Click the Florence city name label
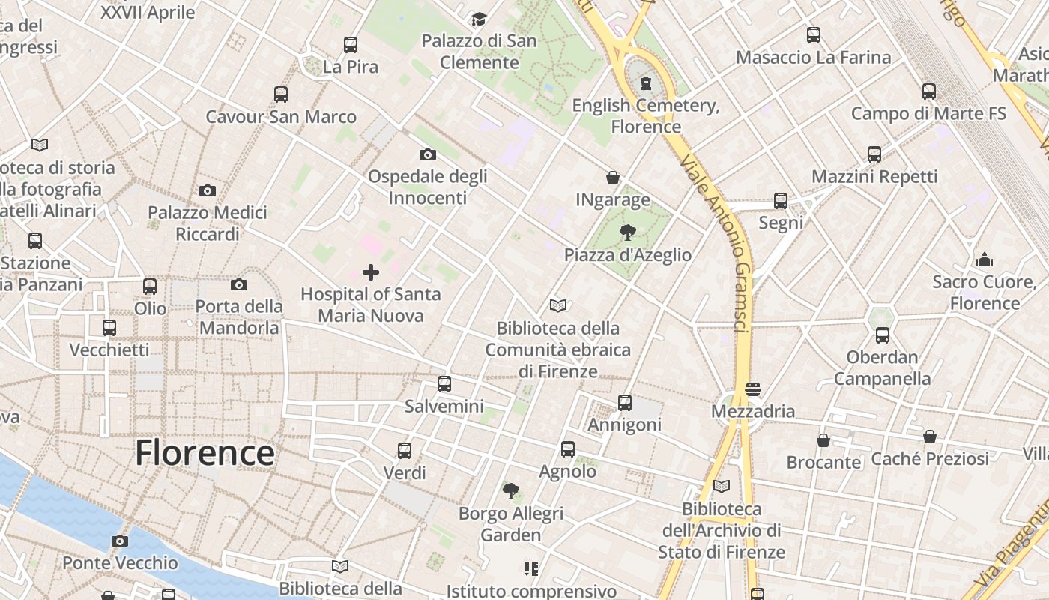(205, 453)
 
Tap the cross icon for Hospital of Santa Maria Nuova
(371, 272)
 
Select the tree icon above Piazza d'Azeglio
(628, 232)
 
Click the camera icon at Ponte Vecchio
(120, 541)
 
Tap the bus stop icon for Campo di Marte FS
(929, 91)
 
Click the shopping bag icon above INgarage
(613, 178)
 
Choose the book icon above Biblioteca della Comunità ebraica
(558, 305)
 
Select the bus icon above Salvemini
(444, 384)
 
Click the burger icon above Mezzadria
(753, 389)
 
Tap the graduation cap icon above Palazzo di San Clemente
(479, 19)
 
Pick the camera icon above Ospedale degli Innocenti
(428, 154)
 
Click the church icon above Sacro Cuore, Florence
(985, 259)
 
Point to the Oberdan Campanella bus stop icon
(883, 334)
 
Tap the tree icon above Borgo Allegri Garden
(511, 491)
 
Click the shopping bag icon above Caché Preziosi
(930, 436)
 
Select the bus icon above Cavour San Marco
(281, 94)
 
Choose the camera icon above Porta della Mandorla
(239, 284)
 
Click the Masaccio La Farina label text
(813, 57)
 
